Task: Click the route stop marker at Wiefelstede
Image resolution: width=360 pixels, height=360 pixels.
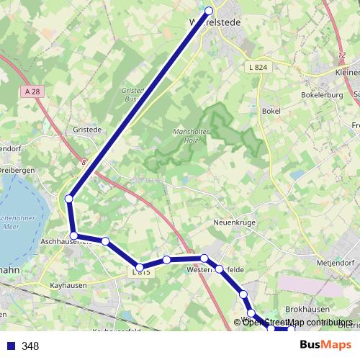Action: pyautogui.click(x=210, y=11)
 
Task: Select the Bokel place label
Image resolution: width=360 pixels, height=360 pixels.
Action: pyautogui.click(x=271, y=111)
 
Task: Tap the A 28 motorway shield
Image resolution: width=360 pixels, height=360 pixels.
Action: pyautogui.click(x=30, y=92)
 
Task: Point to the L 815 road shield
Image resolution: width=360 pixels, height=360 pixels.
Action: pyautogui.click(x=141, y=271)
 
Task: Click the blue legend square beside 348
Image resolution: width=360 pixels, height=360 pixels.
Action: pyautogui.click(x=10, y=346)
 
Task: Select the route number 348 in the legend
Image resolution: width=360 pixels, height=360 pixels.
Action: pyautogui.click(x=30, y=346)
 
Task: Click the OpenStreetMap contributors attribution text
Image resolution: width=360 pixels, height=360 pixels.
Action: pyautogui.click(x=297, y=322)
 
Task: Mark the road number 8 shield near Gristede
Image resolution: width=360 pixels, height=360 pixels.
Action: pyautogui.click(x=84, y=163)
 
